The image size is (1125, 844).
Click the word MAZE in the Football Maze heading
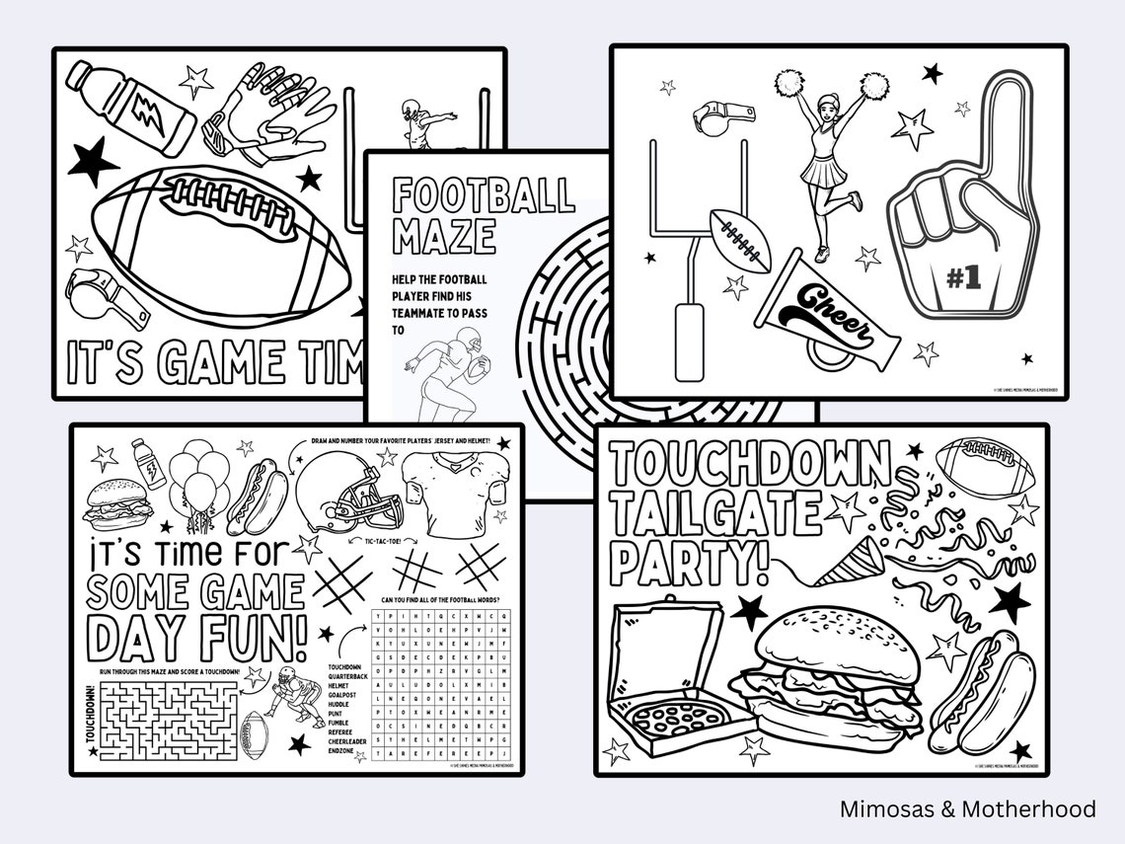pos(444,237)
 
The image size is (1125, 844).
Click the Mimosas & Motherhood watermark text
pos(967,808)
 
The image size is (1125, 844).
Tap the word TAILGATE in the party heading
pos(715,514)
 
